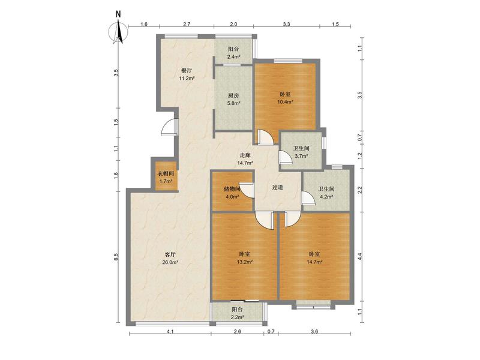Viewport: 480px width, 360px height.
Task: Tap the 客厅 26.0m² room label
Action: tap(170, 258)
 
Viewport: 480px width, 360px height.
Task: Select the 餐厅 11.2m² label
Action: tap(187, 74)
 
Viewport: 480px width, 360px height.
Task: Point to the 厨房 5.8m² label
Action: tap(233, 99)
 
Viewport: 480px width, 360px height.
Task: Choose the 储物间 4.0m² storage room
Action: tap(233, 191)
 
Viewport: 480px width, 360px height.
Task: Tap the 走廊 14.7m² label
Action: tap(245, 159)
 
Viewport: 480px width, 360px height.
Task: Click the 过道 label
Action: tap(278, 187)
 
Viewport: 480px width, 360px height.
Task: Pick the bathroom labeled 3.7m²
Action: tap(301, 151)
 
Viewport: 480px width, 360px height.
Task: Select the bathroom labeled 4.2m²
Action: tap(326, 190)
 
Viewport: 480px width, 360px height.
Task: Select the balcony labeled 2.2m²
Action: tap(238, 312)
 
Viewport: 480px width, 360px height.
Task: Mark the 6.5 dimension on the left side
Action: tap(116, 257)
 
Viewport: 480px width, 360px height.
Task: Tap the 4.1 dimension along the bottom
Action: tap(170, 331)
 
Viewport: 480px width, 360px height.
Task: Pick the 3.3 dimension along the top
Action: tap(286, 24)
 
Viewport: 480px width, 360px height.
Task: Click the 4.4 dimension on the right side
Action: tap(360, 257)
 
